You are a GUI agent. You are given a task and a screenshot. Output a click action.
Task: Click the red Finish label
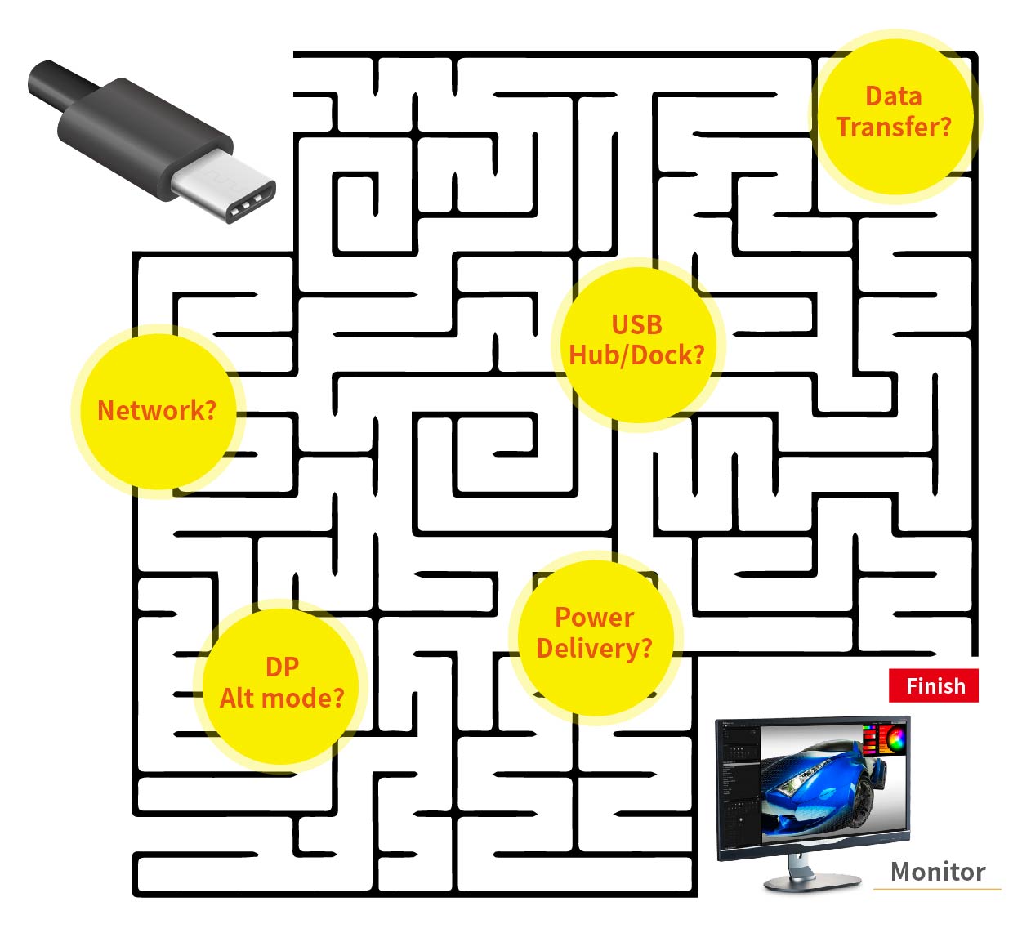[933, 686]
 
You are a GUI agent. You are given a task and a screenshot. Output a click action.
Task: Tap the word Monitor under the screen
[937, 872]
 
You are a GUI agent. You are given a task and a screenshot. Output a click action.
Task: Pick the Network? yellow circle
[156, 410]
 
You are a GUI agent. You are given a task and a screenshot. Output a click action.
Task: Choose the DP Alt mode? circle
[282, 684]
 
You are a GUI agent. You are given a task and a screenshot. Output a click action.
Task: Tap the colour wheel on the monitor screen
[895, 739]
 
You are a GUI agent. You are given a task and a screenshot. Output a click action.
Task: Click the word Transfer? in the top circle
[895, 127]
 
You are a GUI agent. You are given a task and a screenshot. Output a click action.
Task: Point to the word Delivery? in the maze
[595, 649]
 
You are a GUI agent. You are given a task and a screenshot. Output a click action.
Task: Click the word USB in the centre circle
[637, 324]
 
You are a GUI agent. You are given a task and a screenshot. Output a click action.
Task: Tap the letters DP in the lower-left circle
[282, 667]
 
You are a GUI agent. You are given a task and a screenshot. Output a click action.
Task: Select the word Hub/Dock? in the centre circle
[637, 355]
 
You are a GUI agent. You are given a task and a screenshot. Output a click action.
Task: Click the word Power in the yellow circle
[595, 617]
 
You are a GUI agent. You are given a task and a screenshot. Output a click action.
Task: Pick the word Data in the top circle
[894, 96]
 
